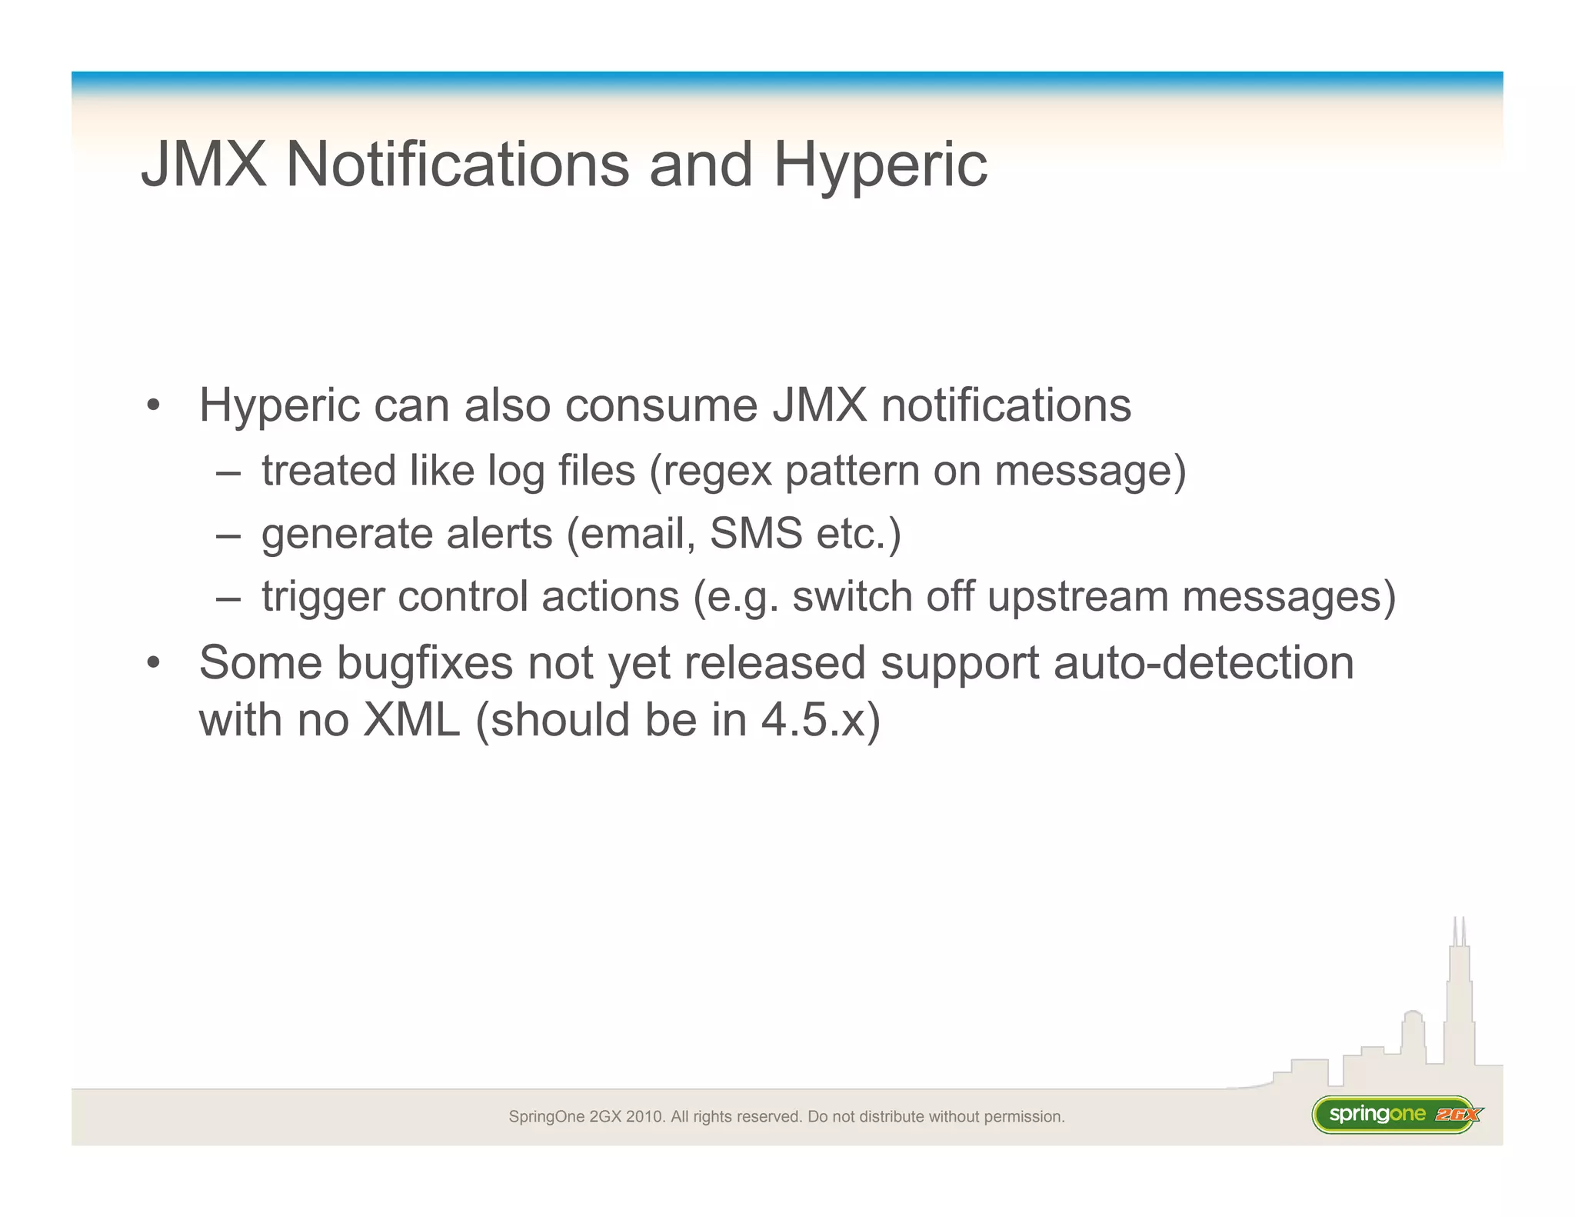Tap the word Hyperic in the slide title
click(880, 165)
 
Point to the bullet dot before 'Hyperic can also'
click(154, 405)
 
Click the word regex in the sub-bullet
click(717, 471)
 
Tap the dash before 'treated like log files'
click(228, 472)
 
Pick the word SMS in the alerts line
click(756, 533)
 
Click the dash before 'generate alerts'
click(228, 535)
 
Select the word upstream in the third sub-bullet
click(1077, 597)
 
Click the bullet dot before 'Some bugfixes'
click(154, 662)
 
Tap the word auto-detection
click(1204, 662)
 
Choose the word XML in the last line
click(411, 721)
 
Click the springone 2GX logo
click(1397, 1114)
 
